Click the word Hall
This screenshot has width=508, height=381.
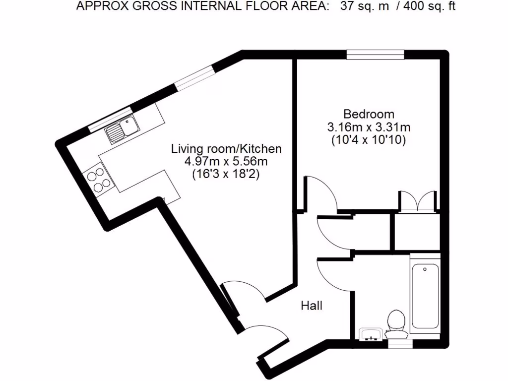pos(312,306)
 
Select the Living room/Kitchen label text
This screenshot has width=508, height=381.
pos(226,148)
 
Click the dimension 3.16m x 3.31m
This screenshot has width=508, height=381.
pos(369,127)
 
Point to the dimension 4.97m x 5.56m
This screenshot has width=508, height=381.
pos(226,161)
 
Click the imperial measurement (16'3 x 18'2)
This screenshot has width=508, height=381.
pos(226,174)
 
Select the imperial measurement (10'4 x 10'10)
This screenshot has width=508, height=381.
pos(369,140)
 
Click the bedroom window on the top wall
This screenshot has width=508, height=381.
pos(375,55)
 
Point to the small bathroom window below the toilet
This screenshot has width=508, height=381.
pos(399,341)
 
